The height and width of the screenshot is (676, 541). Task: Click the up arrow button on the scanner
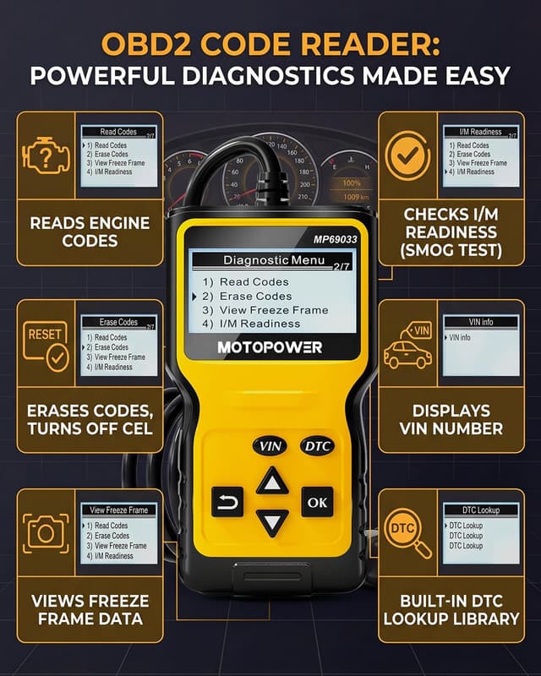pos(272,482)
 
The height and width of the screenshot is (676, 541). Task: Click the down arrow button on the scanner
pos(272,522)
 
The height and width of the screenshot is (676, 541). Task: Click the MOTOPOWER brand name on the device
pos(270,347)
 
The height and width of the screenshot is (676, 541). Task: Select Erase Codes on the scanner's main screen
pos(255,297)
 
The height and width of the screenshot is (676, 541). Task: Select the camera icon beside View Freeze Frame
pos(47,533)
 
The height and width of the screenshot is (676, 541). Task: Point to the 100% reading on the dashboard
pos(352,183)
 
